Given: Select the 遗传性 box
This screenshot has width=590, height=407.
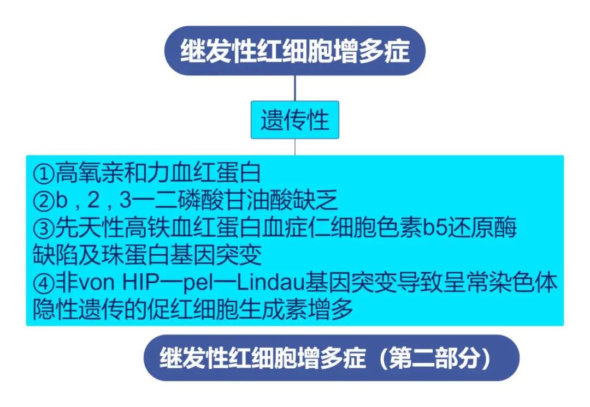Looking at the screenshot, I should pos(295,119).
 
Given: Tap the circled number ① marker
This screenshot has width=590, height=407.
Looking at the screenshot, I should pos(43,175).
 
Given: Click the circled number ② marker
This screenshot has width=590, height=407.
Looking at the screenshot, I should pos(43,201).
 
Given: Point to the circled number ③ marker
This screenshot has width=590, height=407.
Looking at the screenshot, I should pos(43,229).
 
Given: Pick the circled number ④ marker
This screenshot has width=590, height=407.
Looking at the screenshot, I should pos(43,283).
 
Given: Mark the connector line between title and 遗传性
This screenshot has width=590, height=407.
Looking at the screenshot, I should pos(295,88).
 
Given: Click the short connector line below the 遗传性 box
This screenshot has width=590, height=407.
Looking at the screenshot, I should pos(295,147).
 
